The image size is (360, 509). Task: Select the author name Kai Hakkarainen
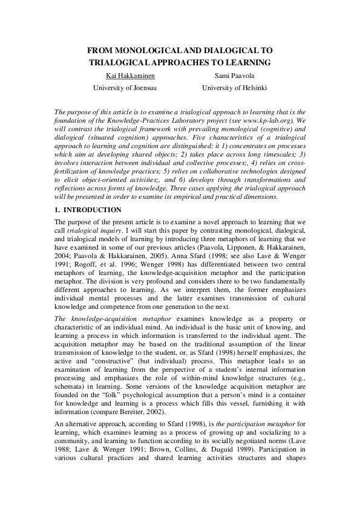coord(128,76)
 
